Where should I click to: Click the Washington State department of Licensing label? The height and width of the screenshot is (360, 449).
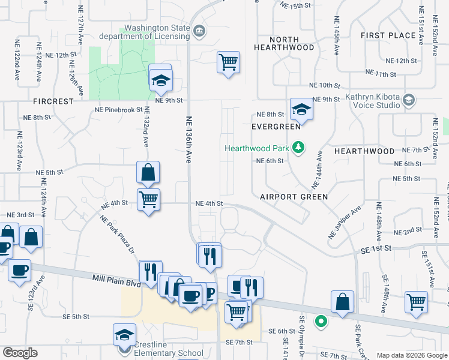pos(157,34)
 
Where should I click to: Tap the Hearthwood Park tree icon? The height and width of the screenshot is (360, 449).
pos(298,148)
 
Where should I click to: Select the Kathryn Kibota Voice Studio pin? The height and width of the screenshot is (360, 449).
pos(409,99)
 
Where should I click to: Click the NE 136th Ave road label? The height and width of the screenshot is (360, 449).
pos(188,139)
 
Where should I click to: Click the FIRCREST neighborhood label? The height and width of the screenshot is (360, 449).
pos(53,101)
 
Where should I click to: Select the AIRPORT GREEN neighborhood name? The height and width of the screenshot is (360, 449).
pos(294,197)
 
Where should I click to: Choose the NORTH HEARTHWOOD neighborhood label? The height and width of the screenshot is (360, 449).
pos(284,43)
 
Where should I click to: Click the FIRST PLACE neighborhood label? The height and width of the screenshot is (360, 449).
pos(388,35)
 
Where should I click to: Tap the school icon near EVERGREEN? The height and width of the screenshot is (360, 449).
pos(301,109)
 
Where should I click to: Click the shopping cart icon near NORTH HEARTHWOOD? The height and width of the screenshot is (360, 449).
pos(228,61)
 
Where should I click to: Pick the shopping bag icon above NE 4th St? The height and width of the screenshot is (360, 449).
pos(148,173)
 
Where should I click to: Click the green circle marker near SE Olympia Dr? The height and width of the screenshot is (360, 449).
pos(321,322)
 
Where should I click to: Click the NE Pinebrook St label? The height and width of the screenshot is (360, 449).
pos(118,110)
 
